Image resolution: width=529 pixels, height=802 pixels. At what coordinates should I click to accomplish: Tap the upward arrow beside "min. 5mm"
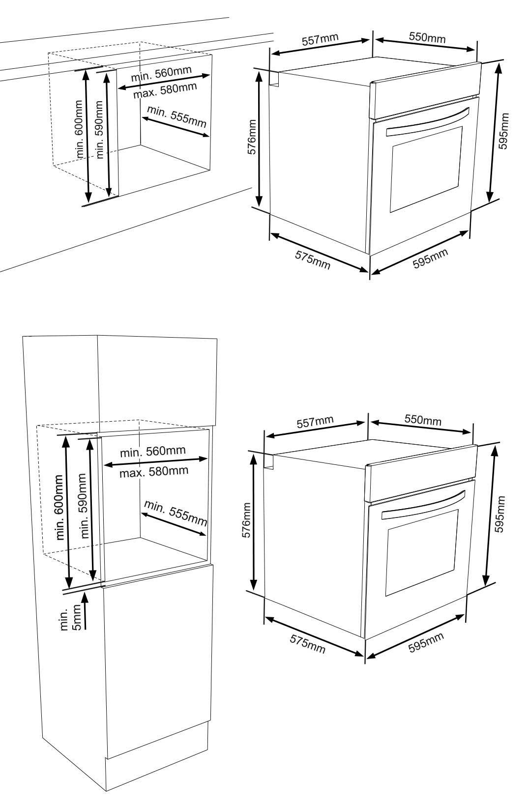[85, 611]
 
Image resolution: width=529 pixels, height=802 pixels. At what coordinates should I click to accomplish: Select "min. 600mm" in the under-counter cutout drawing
[80, 129]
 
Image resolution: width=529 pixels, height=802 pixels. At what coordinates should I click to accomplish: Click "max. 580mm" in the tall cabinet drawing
[154, 472]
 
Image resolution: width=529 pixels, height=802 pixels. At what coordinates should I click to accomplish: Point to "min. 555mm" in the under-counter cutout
[176, 117]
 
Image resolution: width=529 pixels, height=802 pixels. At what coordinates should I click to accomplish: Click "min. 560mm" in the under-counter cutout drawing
[161, 74]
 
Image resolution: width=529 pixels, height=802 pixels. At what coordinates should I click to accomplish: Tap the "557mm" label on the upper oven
[320, 39]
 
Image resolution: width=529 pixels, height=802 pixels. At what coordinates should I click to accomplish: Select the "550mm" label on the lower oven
[423, 419]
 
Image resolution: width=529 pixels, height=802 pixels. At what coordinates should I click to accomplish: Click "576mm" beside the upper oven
[252, 137]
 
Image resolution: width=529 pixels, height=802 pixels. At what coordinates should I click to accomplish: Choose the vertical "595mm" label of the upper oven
[503, 131]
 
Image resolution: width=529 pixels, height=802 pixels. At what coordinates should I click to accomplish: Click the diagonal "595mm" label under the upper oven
[430, 258]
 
